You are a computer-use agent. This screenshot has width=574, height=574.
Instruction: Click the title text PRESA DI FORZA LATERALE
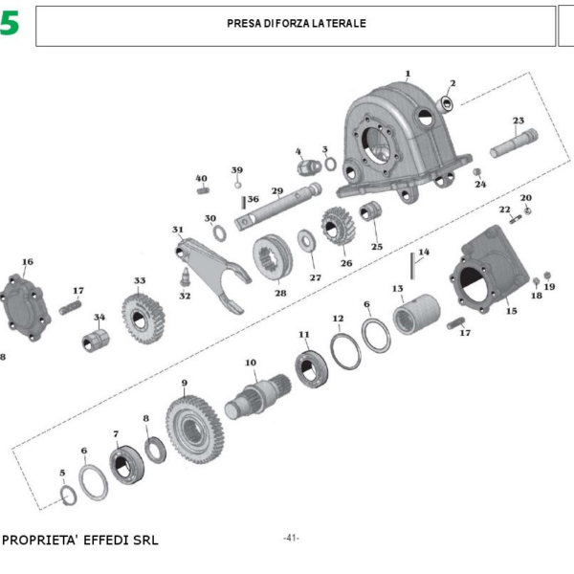coord(297,23)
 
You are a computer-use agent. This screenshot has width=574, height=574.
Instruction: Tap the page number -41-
coord(291,538)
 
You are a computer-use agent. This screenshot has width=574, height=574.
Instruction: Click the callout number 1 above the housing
coord(408,74)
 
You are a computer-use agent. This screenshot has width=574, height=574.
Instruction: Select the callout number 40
coord(201,178)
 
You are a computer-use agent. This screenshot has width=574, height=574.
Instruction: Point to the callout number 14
coord(424,253)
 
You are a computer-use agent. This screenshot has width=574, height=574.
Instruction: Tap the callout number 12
coord(338,318)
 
